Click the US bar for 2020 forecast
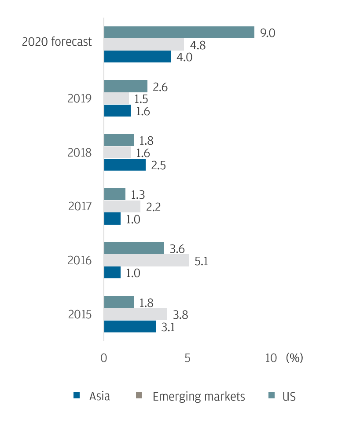tap(179, 33)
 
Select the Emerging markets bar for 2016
tap(147, 260)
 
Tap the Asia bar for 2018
tap(125, 165)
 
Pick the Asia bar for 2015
tap(130, 327)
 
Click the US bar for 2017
tap(115, 194)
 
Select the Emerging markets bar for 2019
tap(117, 98)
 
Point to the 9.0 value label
tap(268, 33)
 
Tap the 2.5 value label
tap(158, 165)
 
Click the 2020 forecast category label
tap(57, 42)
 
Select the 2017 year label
tap(80, 206)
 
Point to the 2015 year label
tap(80, 315)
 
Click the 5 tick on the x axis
tap(187, 358)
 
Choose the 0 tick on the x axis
tap(104, 358)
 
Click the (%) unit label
tap(294, 358)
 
